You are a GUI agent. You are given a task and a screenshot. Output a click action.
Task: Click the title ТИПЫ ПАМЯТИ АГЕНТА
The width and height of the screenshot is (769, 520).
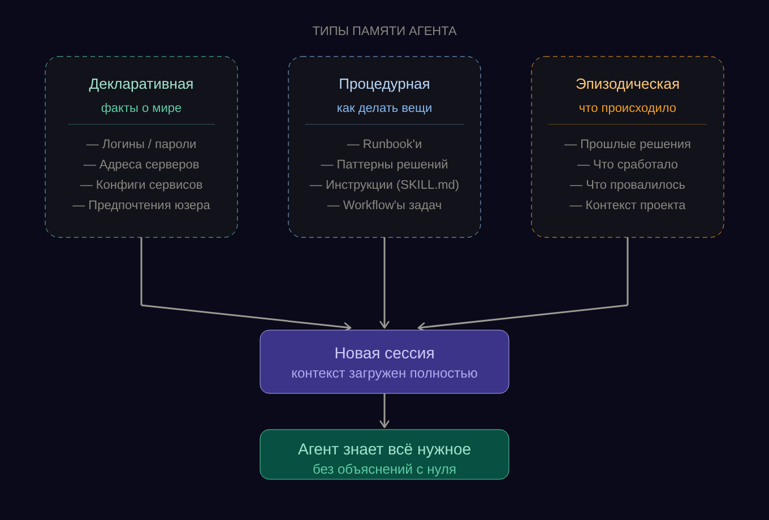click(x=384, y=31)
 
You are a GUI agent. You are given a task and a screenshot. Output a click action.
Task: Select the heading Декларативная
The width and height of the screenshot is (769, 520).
click(x=141, y=84)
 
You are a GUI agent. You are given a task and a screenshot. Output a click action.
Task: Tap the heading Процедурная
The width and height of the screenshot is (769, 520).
click(x=384, y=84)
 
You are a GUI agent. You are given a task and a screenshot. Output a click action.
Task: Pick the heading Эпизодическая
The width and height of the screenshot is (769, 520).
click(x=628, y=84)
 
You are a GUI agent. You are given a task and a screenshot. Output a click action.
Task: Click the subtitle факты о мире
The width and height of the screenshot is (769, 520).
click(x=141, y=108)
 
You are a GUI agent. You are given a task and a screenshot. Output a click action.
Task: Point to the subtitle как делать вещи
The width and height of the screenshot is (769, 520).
click(x=384, y=108)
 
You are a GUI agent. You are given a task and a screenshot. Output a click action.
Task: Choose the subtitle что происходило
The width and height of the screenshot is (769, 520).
click(x=628, y=108)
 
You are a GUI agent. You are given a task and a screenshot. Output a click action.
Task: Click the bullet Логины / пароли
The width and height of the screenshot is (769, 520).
click(x=141, y=144)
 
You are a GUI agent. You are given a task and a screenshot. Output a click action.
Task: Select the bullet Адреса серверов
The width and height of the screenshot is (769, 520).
click(x=141, y=164)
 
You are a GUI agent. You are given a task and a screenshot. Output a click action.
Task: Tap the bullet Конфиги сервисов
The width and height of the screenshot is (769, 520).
click(x=141, y=185)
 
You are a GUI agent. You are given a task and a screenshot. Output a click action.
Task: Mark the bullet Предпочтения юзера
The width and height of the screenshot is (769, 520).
click(x=141, y=205)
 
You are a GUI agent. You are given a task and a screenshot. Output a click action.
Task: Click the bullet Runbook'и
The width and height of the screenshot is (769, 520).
click(x=384, y=144)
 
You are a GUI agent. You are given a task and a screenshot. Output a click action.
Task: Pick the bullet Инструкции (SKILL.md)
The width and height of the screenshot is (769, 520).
click(x=384, y=185)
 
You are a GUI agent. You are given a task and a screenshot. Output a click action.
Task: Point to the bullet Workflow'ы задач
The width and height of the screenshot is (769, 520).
click(x=384, y=205)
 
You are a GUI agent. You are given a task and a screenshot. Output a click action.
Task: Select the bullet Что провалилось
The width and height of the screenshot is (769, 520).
click(x=628, y=185)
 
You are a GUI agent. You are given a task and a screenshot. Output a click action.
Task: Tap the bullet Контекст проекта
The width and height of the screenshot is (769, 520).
click(x=628, y=205)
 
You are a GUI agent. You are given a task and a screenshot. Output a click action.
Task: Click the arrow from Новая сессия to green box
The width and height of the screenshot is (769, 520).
click(x=384, y=411)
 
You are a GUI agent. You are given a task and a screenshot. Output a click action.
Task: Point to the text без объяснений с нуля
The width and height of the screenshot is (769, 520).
click(x=384, y=469)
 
